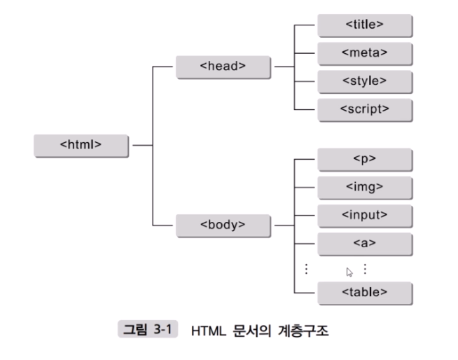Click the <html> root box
[x=81, y=145]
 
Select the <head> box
[x=222, y=67]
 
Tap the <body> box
[x=222, y=225]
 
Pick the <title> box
[x=364, y=25]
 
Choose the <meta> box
[x=364, y=53]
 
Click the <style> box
[x=364, y=81]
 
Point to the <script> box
[x=364, y=109]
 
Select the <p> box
[x=364, y=159]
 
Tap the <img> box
[x=364, y=187]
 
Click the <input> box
[x=364, y=215]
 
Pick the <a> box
[x=364, y=243]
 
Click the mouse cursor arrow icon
[x=349, y=272]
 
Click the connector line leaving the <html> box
[x=142, y=145]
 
